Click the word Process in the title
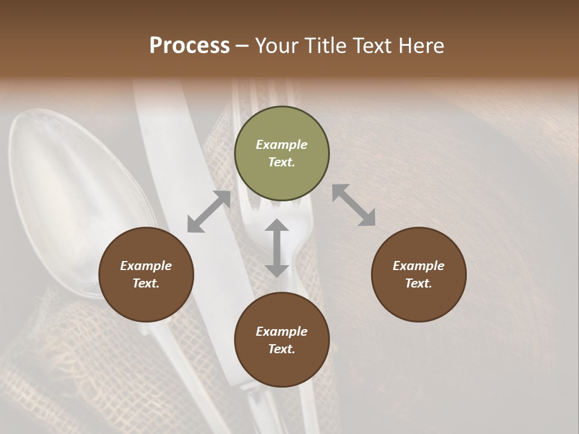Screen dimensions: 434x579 pyautogui.click(x=189, y=46)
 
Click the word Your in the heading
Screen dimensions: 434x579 pyautogui.click(x=278, y=46)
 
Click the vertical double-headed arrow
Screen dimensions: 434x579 pyautogui.click(x=277, y=248)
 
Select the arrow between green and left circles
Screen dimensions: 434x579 pyautogui.click(x=209, y=212)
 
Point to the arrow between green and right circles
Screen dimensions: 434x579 pyautogui.click(x=353, y=205)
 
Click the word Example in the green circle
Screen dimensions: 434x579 pyautogui.click(x=282, y=145)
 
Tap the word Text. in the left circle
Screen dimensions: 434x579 pyautogui.click(x=146, y=283)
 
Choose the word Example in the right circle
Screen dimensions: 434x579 pyautogui.click(x=419, y=266)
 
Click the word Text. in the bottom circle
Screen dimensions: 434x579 pyautogui.click(x=282, y=349)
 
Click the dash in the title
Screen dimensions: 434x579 pyautogui.click(x=242, y=46)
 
